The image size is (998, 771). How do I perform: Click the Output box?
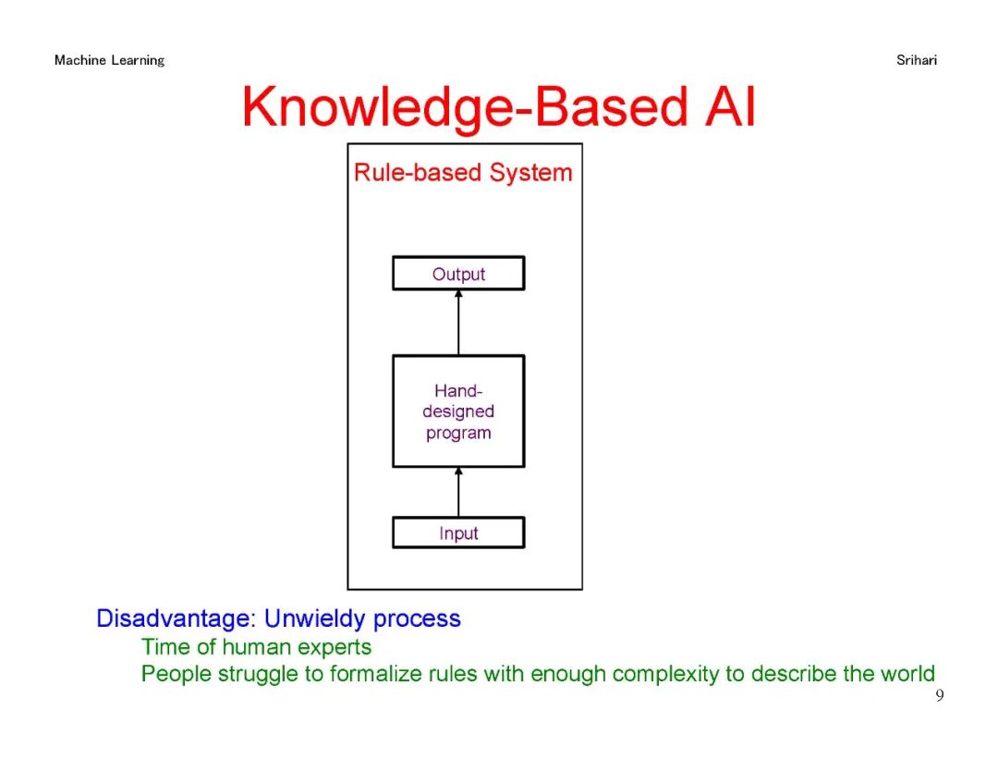458,274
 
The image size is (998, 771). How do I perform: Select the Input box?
458,532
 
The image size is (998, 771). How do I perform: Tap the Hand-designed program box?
458,411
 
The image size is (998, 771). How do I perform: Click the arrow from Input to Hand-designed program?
458,492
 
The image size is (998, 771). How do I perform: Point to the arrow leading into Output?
458,322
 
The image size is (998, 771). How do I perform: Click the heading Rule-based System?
463,173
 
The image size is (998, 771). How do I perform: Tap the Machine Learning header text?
109,60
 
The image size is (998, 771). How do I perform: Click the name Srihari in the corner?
916,60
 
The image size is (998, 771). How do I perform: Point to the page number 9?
940,696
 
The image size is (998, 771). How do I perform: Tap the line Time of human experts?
256,647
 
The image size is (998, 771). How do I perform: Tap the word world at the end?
907,674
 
